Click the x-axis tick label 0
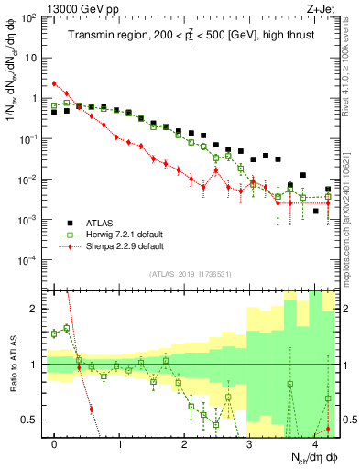pyautogui.click(x=55, y=444)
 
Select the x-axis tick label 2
pyautogui.click(x=185, y=444)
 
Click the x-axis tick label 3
pyautogui.click(x=250, y=444)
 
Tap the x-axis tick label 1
pyautogui.click(x=120, y=444)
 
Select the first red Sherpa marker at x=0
pyautogui.click(x=55, y=83)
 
